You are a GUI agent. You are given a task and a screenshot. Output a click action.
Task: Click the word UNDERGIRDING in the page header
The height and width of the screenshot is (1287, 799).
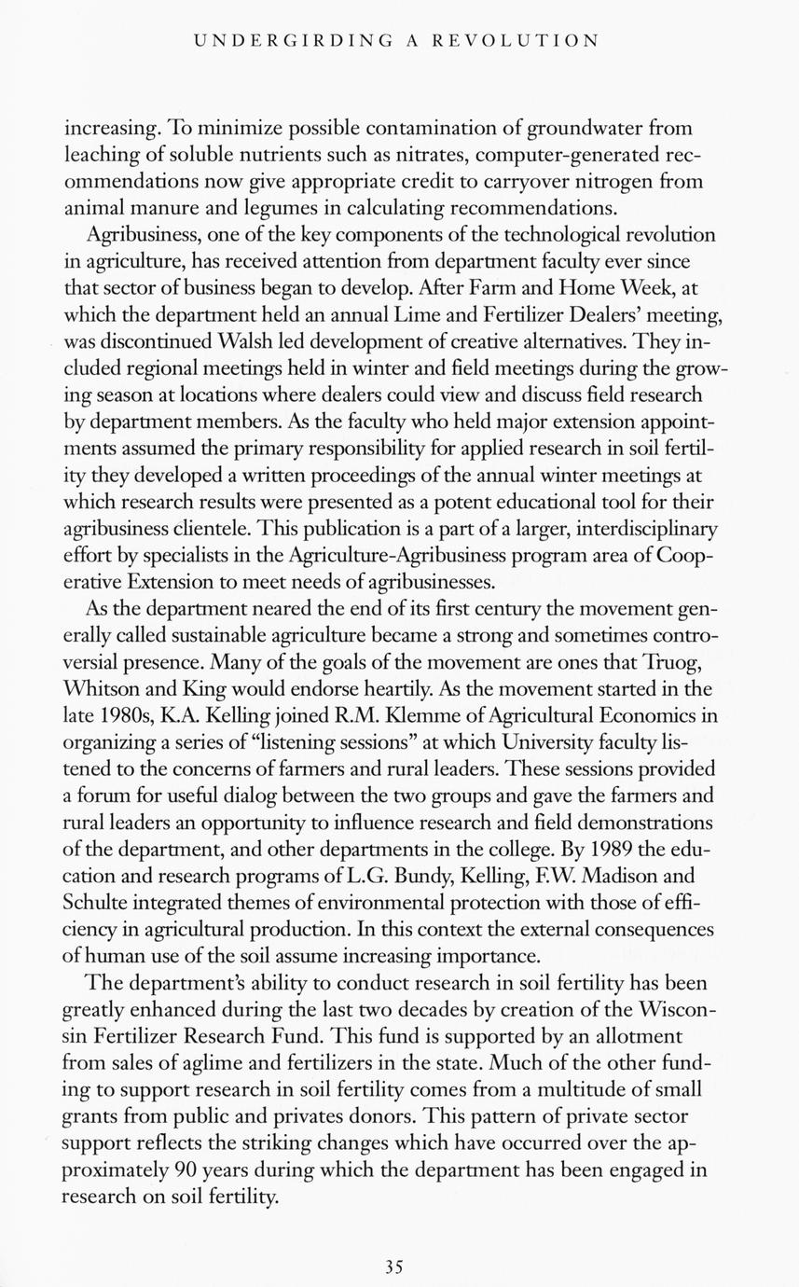click(x=291, y=41)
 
